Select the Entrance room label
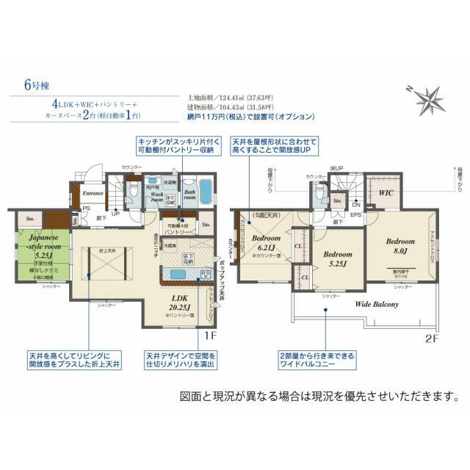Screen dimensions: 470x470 93,193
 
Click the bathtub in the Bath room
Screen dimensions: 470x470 206,191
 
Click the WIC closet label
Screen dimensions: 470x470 388,193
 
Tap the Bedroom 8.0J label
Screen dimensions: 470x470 401,245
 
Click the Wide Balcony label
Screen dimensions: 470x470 377,303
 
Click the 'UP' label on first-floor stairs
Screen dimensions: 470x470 115,214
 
